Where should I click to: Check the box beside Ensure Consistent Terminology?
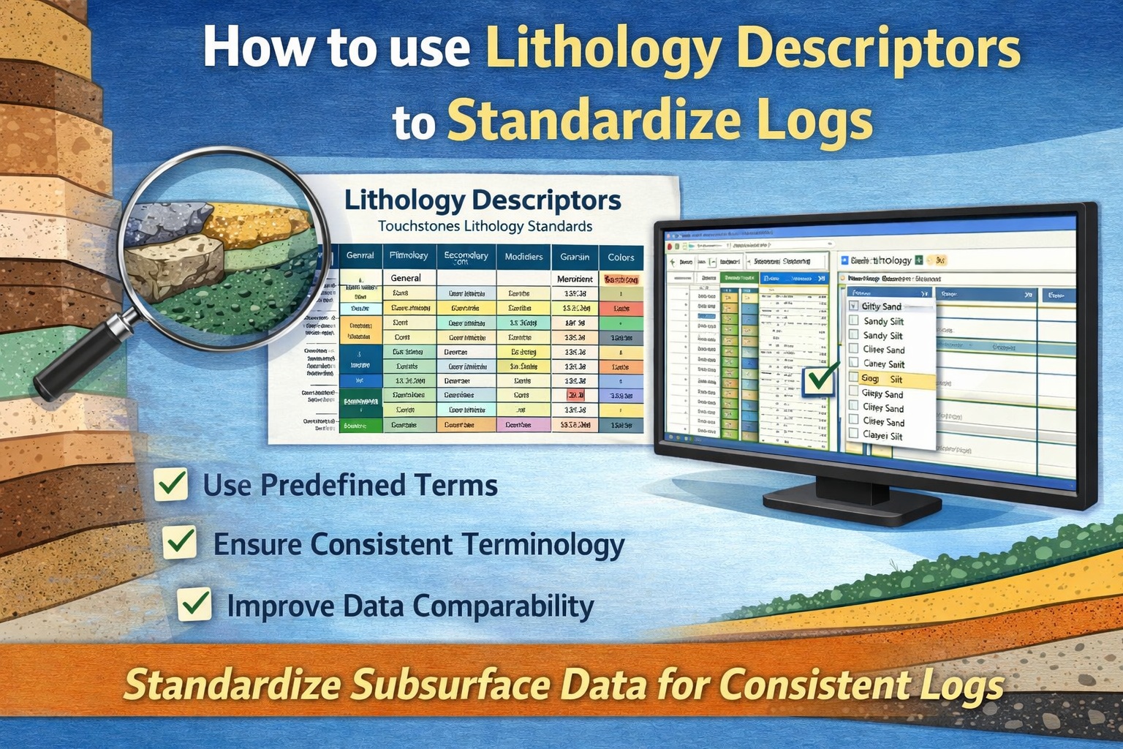180,543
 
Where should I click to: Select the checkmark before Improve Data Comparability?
195,605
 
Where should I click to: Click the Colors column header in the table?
621,257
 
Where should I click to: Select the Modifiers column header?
523,257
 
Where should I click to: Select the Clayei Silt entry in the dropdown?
882,436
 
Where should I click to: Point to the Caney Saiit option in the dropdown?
883,364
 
